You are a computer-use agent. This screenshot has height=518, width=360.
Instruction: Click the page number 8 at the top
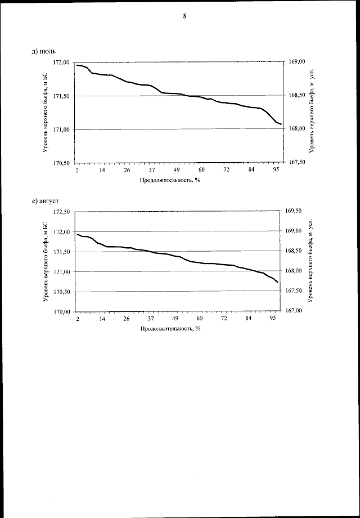[x=184, y=16]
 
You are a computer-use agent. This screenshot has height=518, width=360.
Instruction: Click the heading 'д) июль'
[x=44, y=52]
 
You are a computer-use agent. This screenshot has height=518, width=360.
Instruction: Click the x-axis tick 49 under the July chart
[x=176, y=170]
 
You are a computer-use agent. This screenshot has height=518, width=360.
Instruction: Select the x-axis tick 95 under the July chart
[x=276, y=170]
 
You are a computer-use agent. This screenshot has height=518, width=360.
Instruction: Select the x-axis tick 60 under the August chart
[x=200, y=319]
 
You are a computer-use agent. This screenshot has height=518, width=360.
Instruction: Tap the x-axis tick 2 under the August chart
[x=78, y=319]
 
